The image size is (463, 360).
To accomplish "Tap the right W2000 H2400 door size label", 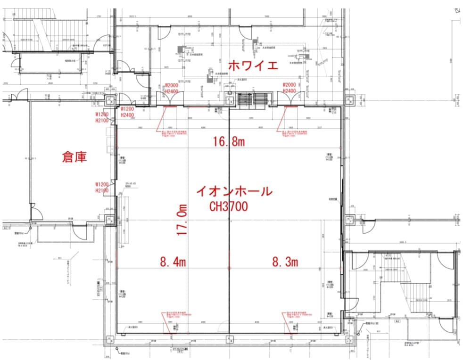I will [x=289, y=88].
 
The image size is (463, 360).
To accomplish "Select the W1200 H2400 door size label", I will [x=127, y=112].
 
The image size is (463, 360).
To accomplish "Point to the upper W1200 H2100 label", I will [x=102, y=117].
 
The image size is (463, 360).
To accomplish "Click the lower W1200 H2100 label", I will [x=102, y=187].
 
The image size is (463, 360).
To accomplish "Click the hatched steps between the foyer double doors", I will [x=253, y=99].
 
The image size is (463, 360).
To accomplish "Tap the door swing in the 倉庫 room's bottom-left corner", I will [x=35, y=212].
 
